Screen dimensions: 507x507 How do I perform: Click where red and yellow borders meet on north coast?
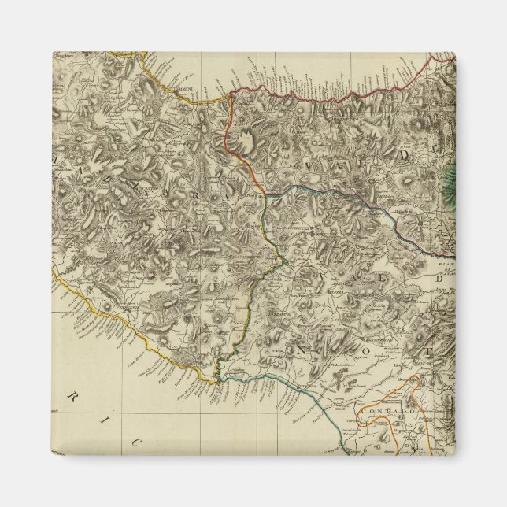pos(230,93)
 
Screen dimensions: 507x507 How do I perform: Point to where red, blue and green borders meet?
pos(265,193)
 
